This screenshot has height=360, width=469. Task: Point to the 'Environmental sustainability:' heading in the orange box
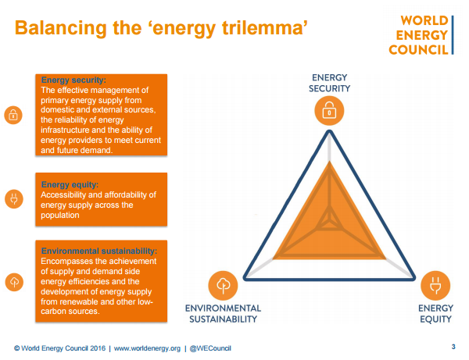tap(98, 251)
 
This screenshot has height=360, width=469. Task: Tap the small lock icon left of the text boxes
tap(13, 116)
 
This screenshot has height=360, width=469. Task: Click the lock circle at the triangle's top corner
tap(330, 112)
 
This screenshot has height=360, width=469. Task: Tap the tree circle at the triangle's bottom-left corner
tap(224, 285)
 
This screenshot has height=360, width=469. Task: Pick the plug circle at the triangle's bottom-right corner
tap(435, 285)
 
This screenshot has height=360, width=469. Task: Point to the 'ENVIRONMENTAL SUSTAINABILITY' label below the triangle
tap(222, 313)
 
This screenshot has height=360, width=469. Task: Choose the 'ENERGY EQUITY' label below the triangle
tap(435, 313)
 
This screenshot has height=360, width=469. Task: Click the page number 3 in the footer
tap(453, 347)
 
